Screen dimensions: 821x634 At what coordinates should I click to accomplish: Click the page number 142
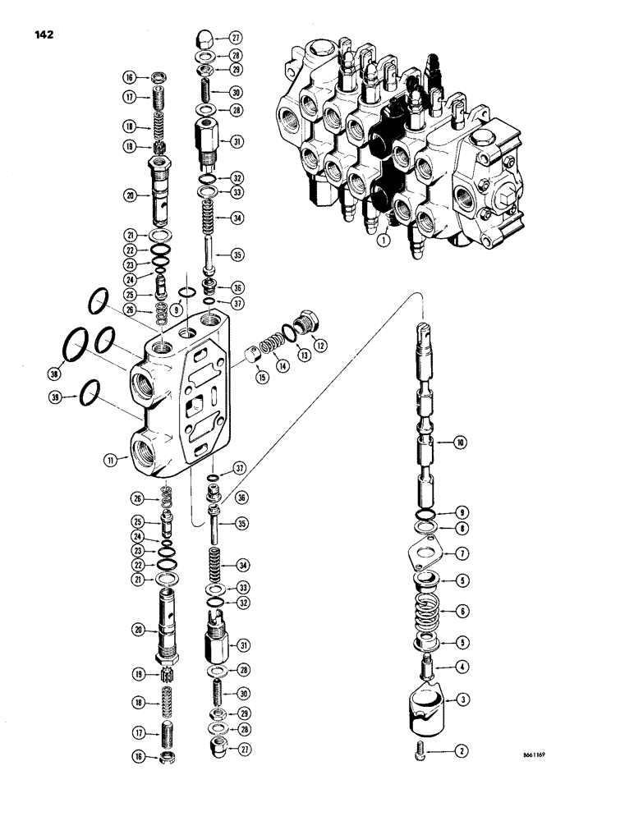(46, 34)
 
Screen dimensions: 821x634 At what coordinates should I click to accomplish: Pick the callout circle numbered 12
(321, 346)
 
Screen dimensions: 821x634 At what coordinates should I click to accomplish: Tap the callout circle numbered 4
(462, 667)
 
